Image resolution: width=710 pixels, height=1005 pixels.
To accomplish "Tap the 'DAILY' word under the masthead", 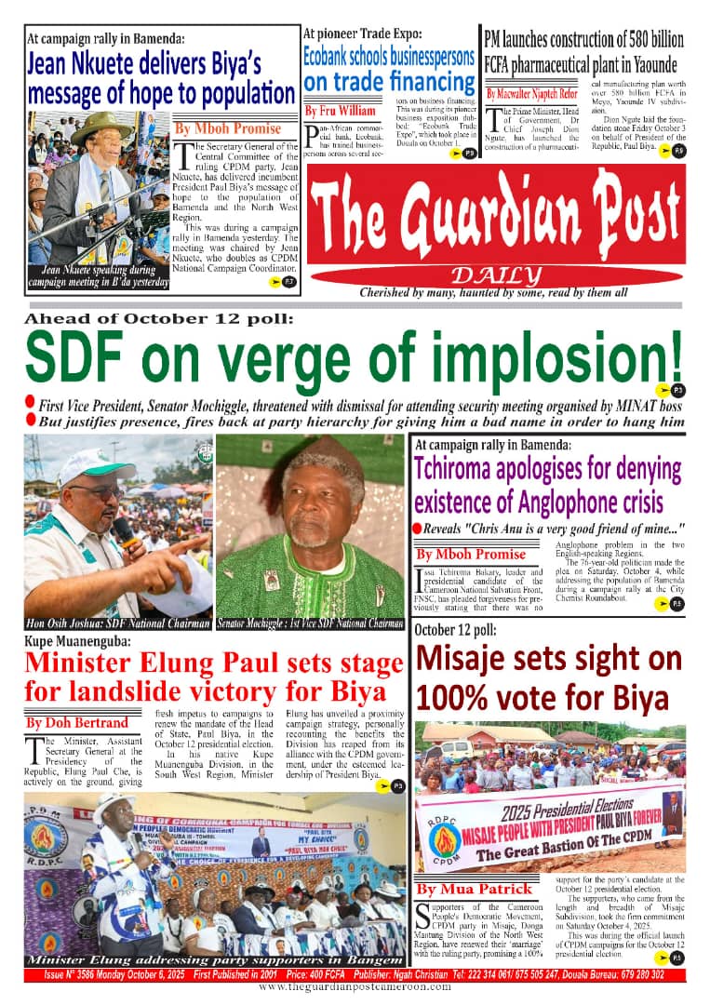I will (x=495, y=275).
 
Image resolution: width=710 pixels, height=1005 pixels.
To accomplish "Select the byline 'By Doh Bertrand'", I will (x=78, y=721).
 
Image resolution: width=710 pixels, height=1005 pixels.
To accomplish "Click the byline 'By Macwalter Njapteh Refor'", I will (x=531, y=93).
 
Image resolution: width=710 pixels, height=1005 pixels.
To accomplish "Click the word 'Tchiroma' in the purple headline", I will (x=467, y=469).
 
